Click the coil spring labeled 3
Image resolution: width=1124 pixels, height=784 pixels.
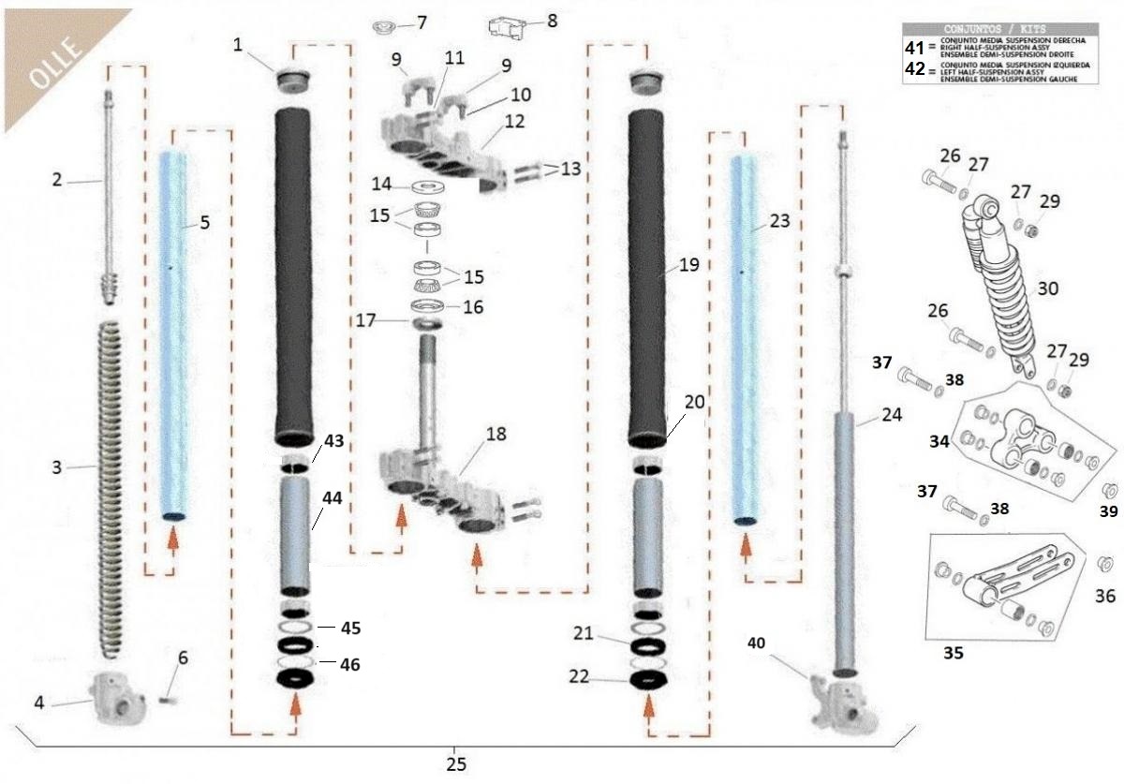[111, 487]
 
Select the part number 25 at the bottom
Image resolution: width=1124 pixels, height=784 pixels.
[455, 762]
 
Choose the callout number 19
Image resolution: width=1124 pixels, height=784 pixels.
[688, 265]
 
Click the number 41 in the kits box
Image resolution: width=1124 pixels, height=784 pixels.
[915, 46]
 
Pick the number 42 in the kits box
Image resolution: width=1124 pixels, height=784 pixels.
[915, 69]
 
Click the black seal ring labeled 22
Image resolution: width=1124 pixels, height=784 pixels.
[648, 678]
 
